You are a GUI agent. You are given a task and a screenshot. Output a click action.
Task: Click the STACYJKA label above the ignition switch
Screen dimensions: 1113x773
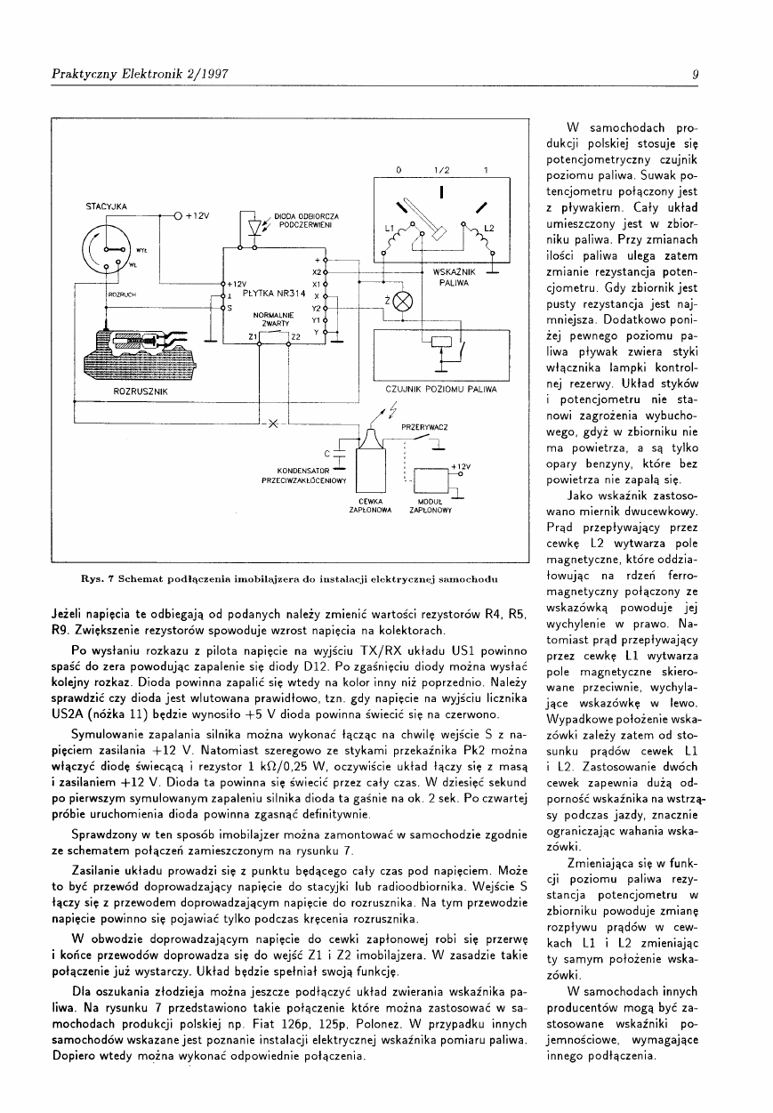point(106,206)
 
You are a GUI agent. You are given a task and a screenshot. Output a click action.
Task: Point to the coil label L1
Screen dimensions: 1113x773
point(389,228)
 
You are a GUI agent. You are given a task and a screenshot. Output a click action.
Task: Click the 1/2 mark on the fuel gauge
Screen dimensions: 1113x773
point(440,170)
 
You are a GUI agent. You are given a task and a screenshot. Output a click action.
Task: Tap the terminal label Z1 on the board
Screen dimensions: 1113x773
point(252,336)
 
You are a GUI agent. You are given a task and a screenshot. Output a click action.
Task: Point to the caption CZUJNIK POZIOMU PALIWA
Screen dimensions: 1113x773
point(441,390)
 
